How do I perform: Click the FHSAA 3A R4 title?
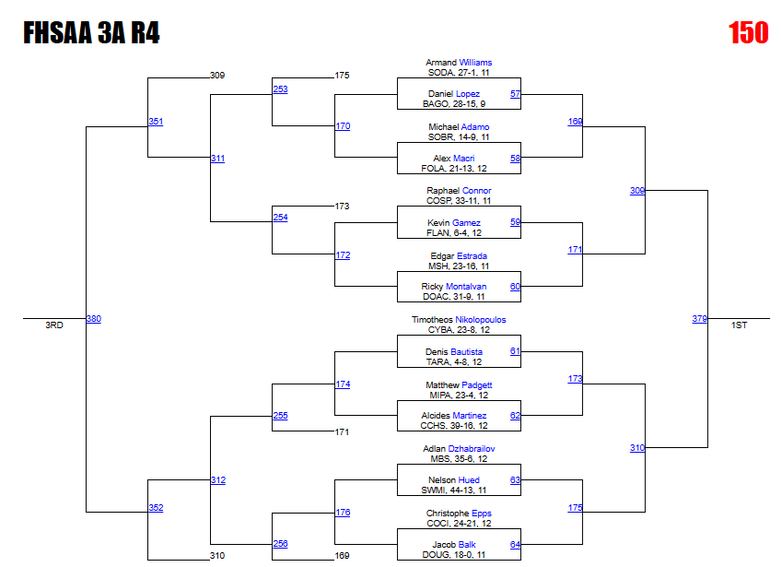[91, 33]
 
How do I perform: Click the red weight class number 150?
[748, 33]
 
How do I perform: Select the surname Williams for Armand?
[475, 63]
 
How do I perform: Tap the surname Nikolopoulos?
[480, 320]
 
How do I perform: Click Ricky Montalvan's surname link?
[471, 287]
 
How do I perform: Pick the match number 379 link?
[699, 319]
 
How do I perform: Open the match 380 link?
[93, 319]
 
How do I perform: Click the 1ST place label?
[740, 325]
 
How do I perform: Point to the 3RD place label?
[54, 325]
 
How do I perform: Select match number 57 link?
[515, 94]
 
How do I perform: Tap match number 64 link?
[515, 545]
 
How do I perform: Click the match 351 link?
[156, 122]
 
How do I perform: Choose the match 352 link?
[156, 508]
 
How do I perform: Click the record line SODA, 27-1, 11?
[459, 72]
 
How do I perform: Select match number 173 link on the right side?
[575, 379]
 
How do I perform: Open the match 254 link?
[280, 218]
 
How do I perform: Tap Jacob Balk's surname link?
[467, 545]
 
